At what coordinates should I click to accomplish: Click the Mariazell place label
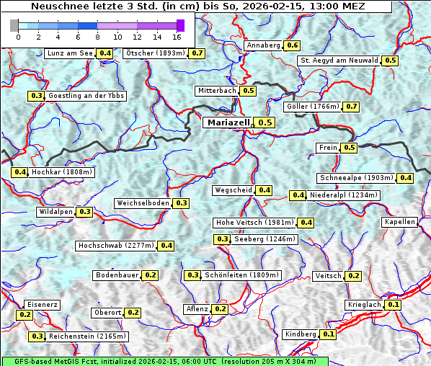228,122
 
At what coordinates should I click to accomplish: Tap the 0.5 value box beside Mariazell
265,122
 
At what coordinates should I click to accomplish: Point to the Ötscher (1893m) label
155,53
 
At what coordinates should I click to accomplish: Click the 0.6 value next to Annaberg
292,45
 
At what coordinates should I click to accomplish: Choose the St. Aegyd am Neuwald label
339,61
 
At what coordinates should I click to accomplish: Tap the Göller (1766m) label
312,107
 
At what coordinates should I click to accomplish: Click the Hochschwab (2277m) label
116,246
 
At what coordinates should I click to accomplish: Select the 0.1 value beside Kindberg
328,334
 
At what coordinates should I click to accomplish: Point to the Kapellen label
400,222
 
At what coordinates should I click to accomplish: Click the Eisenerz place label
41,305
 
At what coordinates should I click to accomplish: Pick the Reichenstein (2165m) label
87,336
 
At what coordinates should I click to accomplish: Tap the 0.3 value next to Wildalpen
84,212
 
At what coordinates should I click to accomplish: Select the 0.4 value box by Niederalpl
298,195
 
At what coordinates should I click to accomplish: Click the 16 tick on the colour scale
177,36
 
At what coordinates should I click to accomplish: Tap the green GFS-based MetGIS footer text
164,361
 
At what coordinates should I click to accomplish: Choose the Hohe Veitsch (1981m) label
254,223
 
